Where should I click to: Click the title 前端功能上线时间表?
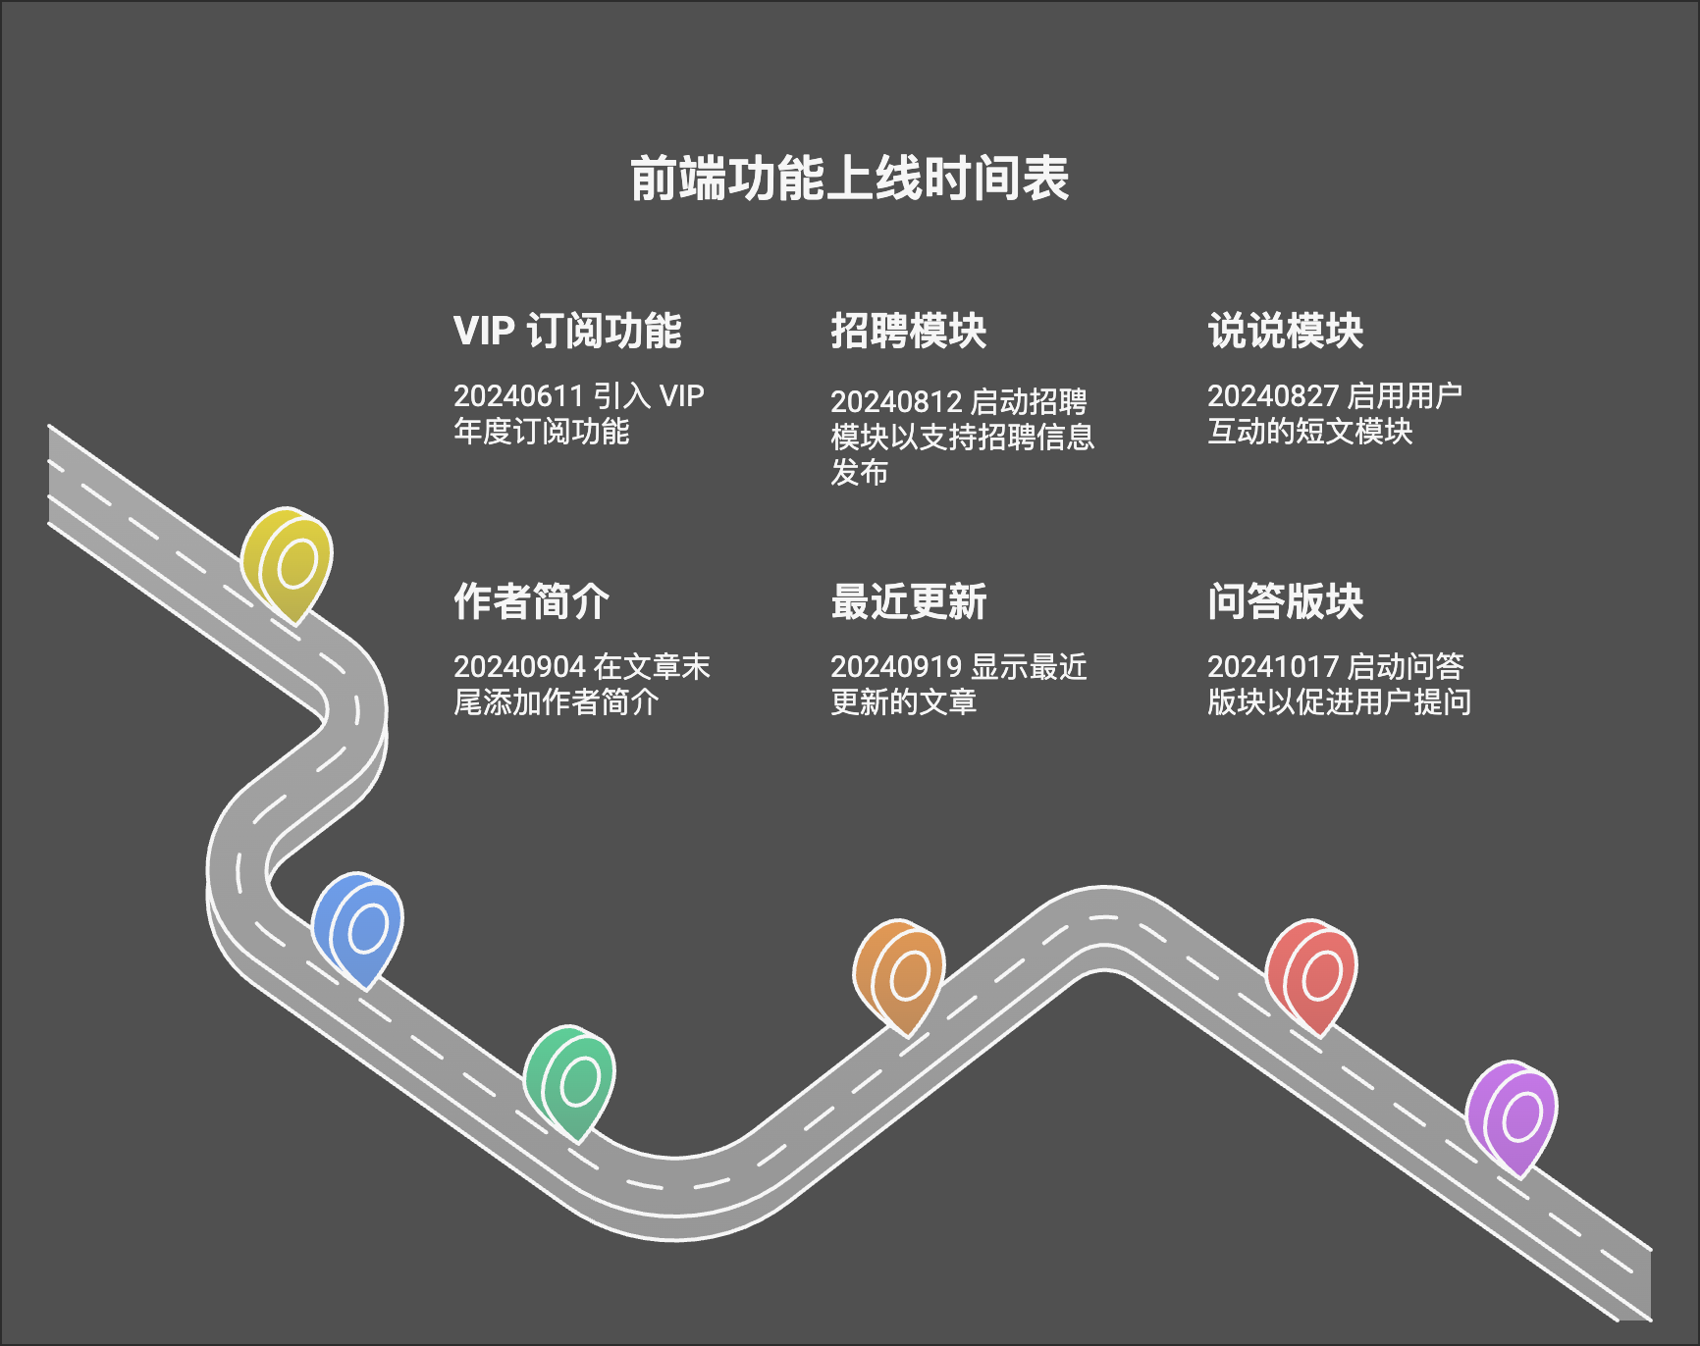tap(849, 179)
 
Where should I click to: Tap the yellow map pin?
tap(289, 562)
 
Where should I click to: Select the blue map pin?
tap(358, 927)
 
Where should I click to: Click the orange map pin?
tap(900, 974)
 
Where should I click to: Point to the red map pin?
tap(1312, 974)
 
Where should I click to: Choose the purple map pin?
tap(1513, 1115)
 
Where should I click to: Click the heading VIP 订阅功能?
tap(567, 332)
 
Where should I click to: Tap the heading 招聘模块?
tap(908, 332)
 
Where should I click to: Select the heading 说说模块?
tap(1285, 332)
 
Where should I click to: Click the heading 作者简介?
tap(531, 602)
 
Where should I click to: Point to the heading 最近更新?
tap(908, 602)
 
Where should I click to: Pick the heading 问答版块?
tap(1285, 602)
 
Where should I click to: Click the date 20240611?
tap(518, 396)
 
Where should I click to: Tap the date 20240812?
tap(895, 402)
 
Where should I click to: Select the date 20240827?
tap(1272, 396)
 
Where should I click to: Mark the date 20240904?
tap(518, 667)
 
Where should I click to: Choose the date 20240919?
tap(895, 667)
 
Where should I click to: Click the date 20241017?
tap(1272, 667)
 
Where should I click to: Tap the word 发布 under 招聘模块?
tap(859, 473)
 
